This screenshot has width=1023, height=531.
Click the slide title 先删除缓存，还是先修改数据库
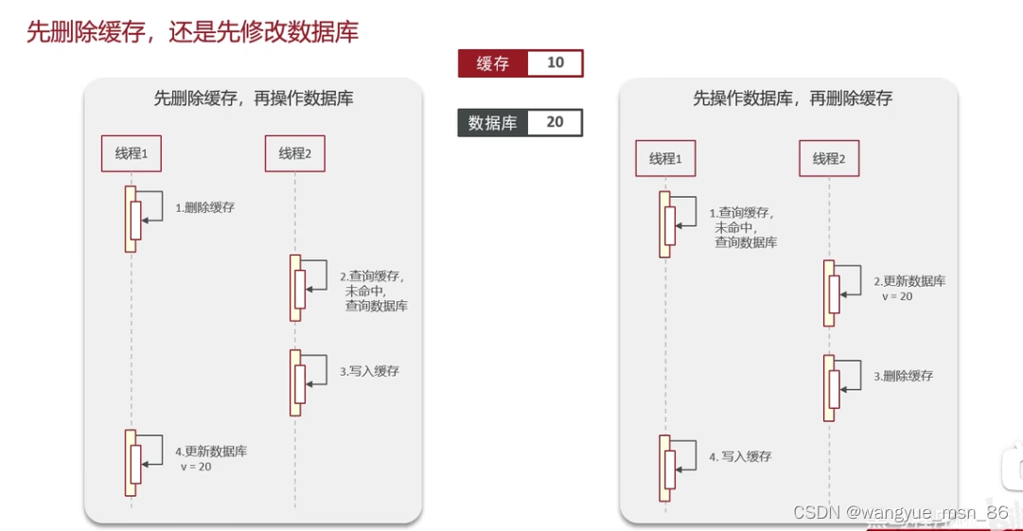192,32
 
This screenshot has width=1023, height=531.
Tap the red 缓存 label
493,63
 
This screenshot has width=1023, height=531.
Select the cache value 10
556,63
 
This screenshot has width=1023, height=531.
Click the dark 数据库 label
493,123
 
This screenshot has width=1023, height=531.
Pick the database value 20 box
555,123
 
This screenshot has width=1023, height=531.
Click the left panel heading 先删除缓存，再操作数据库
254,97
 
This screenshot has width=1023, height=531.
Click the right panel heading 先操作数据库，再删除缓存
792,97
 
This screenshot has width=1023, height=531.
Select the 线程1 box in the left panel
132,153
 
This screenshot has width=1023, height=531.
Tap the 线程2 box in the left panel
294,153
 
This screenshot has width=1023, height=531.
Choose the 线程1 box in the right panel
665,158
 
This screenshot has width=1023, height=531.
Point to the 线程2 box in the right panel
829,158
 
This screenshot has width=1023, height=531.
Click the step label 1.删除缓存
204,207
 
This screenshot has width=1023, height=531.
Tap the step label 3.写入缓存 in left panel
369,372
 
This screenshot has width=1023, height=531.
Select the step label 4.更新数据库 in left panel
211,452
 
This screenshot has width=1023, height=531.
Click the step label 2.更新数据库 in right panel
908,281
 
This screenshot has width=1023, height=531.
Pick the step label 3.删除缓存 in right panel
903,376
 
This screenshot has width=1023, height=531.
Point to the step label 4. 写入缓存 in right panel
740,456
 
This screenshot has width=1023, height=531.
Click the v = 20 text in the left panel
196,468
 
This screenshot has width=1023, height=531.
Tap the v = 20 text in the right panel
897,296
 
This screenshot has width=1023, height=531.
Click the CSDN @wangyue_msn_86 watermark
900,512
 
